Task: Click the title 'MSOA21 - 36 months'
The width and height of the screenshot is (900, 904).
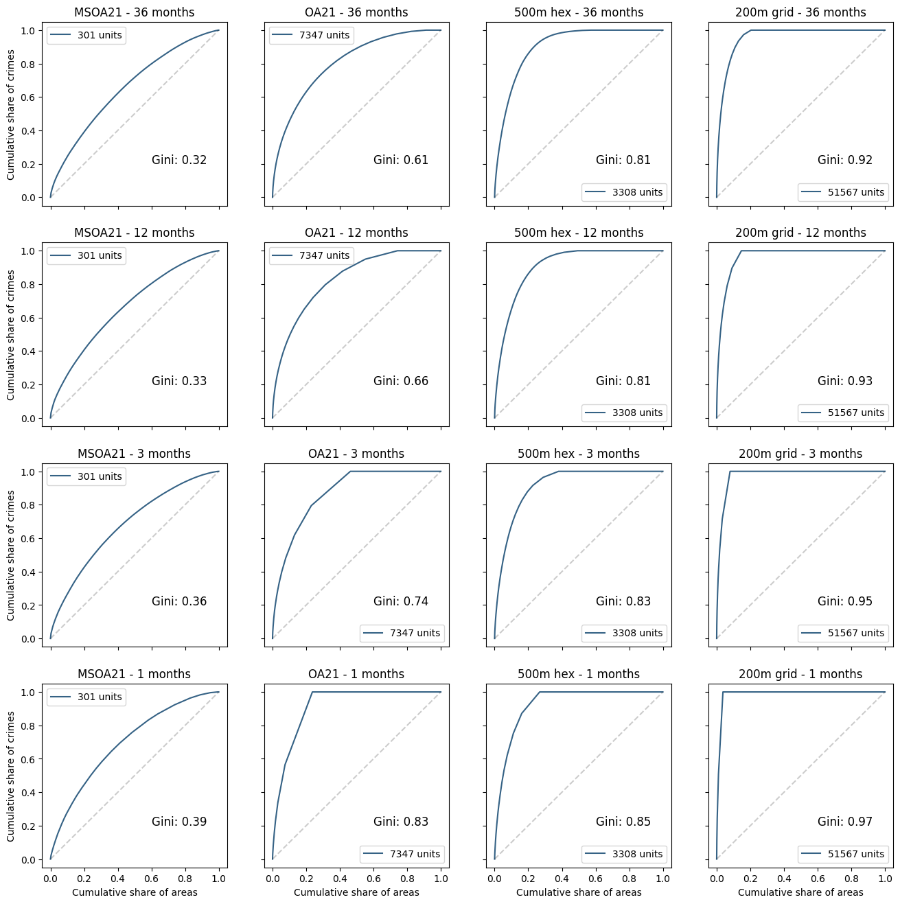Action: pyautogui.click(x=135, y=12)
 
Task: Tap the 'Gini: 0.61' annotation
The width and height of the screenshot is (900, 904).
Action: pyautogui.click(x=401, y=160)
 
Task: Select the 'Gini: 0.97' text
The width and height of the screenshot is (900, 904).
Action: pyautogui.click(x=845, y=822)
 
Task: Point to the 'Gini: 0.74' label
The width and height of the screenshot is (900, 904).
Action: pyautogui.click(x=401, y=601)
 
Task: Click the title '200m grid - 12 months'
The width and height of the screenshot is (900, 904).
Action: pyautogui.click(x=800, y=233)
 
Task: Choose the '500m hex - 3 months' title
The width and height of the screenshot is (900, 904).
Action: pyautogui.click(x=579, y=454)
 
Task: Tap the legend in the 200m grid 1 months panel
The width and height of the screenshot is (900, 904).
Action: pyautogui.click(x=844, y=854)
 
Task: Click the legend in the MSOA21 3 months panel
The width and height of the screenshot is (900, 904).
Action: pyautogui.click(x=86, y=476)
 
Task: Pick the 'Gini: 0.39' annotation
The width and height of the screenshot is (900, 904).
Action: pyautogui.click(x=179, y=822)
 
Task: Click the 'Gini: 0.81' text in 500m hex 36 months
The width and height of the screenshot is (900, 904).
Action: pyautogui.click(x=623, y=160)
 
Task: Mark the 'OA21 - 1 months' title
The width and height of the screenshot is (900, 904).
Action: pyautogui.click(x=356, y=674)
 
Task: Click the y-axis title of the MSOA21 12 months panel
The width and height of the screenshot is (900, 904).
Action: pyautogui.click(x=11, y=335)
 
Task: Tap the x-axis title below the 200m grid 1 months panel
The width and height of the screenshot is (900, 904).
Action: pyautogui.click(x=800, y=892)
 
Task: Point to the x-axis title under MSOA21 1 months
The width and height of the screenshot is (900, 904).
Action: pyautogui.click(x=135, y=892)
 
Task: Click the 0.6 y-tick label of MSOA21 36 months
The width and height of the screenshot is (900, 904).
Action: pyautogui.click(x=27, y=97)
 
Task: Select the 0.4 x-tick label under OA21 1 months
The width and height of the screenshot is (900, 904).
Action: pyautogui.click(x=340, y=878)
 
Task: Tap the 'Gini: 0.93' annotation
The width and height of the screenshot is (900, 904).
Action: pyautogui.click(x=845, y=381)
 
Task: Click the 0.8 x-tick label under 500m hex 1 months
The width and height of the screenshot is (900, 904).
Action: pyautogui.click(x=630, y=878)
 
